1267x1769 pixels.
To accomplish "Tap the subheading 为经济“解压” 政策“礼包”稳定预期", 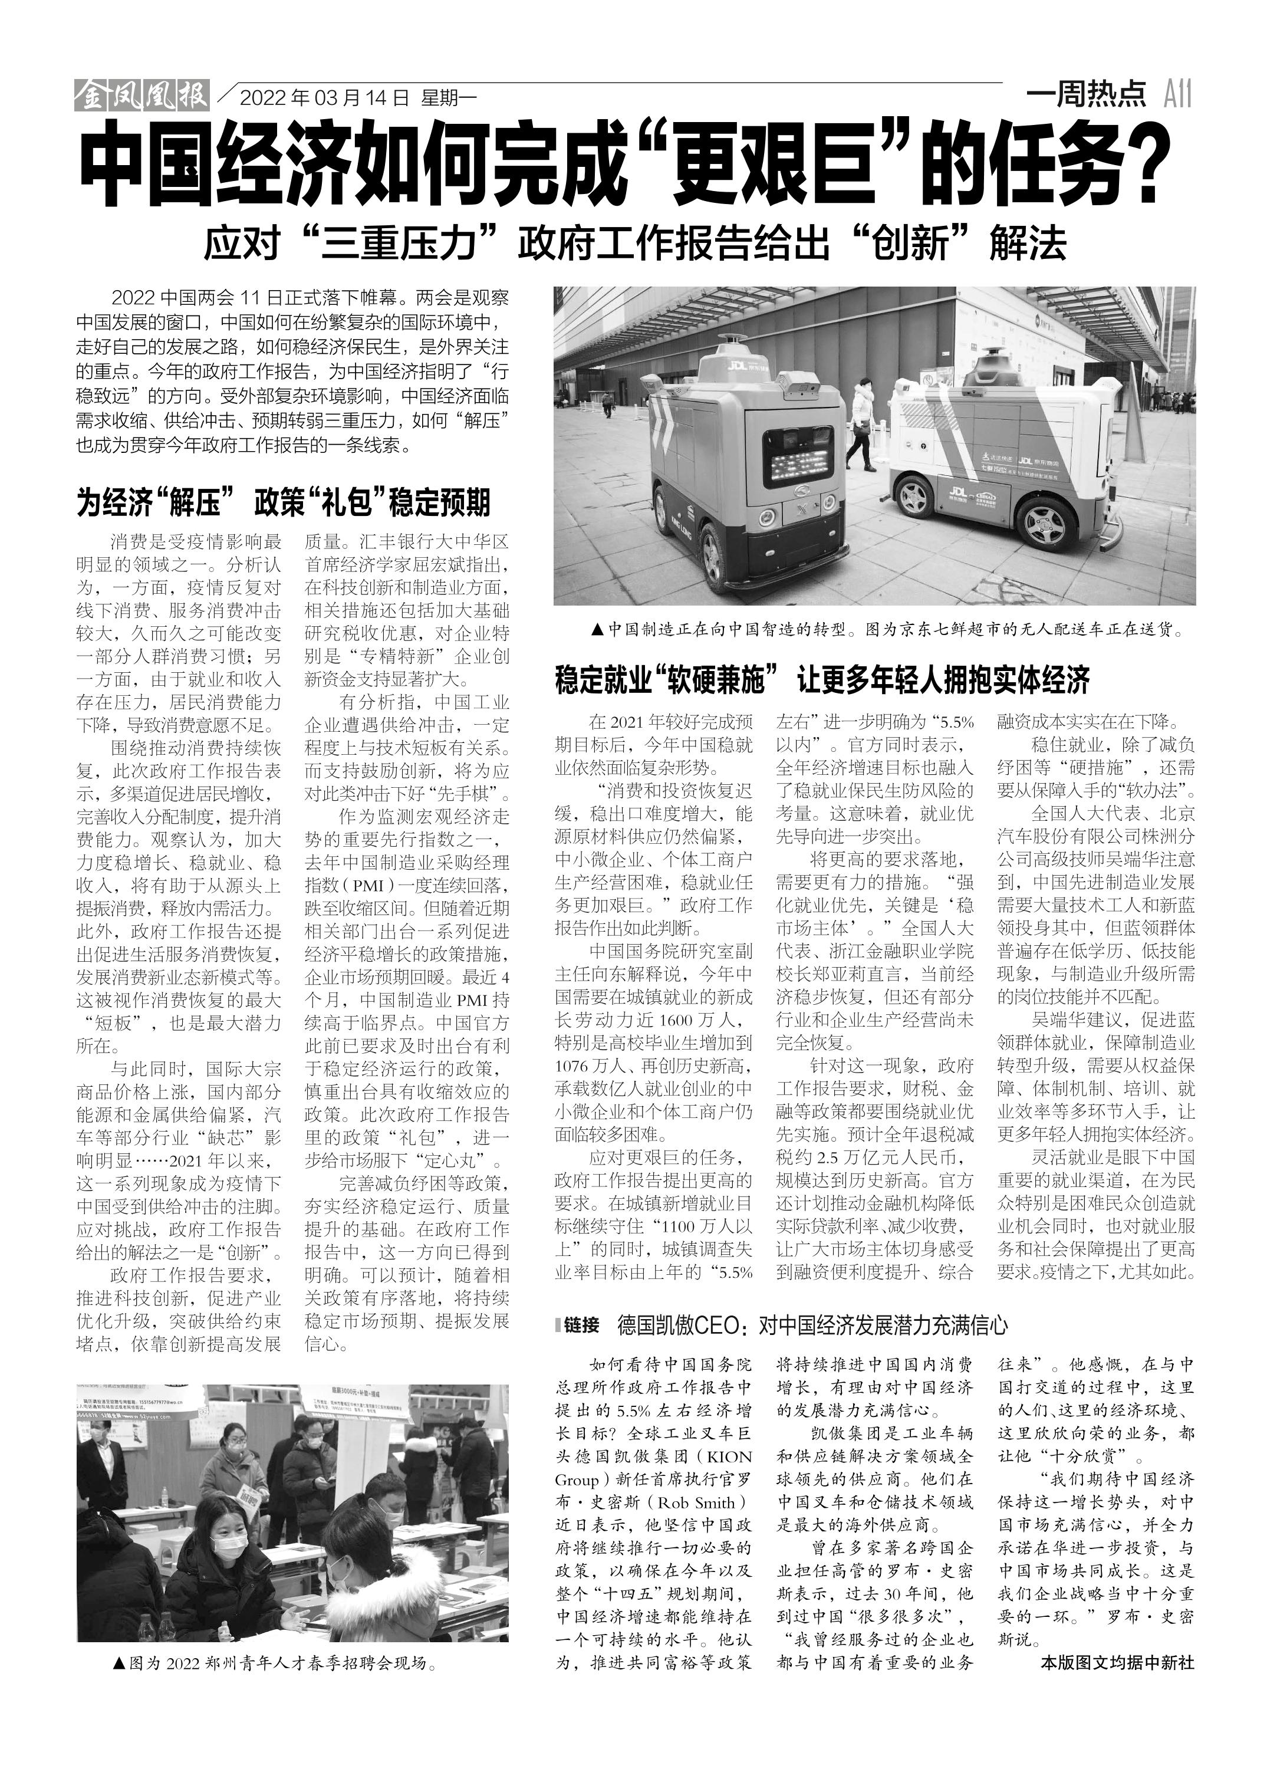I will (283, 502).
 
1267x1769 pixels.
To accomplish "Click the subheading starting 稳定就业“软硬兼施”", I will (821, 679).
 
